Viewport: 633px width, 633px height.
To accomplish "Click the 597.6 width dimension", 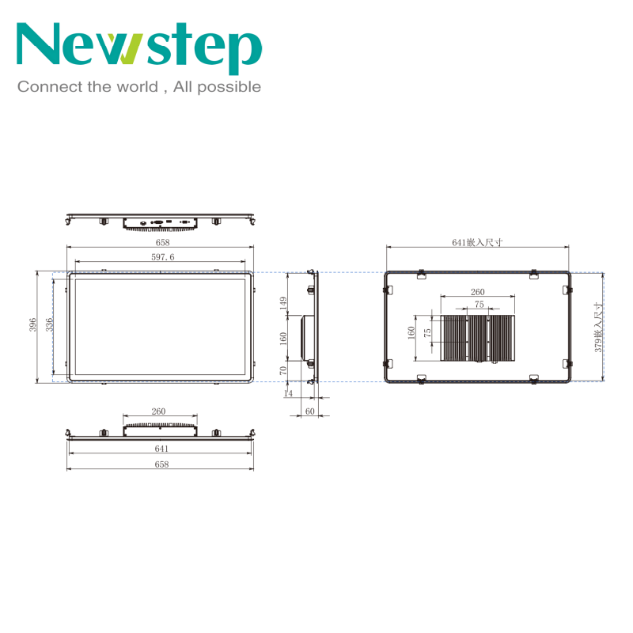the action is pos(163,257).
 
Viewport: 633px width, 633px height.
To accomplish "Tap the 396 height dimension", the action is pos(32,324).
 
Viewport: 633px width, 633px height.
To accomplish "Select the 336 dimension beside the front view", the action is pos(49,324).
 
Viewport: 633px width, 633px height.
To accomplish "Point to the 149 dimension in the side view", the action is pos(283,303).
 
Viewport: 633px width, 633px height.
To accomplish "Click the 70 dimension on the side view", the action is pos(283,370).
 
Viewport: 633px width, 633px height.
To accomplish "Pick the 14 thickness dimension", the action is pos(288,393).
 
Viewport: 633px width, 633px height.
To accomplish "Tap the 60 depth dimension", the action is pos(309,411).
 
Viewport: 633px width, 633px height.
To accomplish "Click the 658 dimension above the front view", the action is pos(163,242).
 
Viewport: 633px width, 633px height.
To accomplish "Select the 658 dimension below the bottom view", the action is pos(161,464).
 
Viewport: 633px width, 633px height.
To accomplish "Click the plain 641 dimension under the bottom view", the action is pos(161,449).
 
